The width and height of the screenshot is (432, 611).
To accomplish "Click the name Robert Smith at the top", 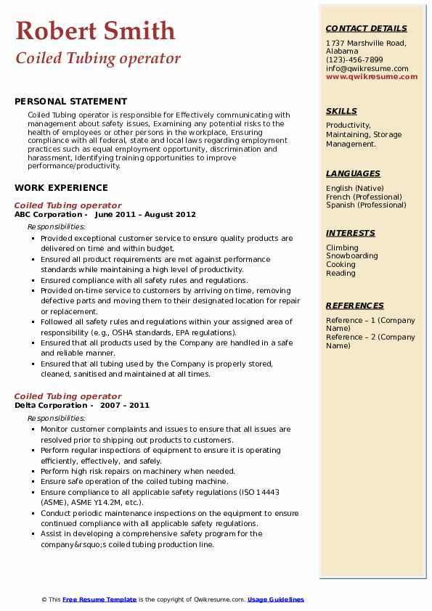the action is click(95, 30).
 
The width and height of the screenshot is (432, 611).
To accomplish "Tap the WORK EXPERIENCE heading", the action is click(61, 187).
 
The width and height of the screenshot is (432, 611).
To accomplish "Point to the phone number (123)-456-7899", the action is click(354, 60).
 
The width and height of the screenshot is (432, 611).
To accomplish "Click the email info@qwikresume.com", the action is click(367, 68).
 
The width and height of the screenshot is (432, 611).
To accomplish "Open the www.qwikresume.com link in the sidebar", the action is click(372, 76).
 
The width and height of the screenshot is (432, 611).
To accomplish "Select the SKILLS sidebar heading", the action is click(341, 111).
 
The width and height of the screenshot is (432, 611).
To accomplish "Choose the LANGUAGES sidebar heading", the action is click(353, 173).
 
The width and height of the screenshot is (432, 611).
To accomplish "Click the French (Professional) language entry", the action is click(364, 197).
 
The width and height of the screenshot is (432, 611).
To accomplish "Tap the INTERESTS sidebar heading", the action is click(351, 233).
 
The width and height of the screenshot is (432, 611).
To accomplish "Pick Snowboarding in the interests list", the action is click(352, 256).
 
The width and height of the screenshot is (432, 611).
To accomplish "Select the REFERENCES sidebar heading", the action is click(354, 305).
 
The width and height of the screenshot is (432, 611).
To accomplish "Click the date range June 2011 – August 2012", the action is click(145, 215).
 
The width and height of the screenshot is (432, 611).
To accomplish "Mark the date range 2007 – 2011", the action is click(130, 406).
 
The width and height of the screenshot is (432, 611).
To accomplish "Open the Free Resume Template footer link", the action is click(99, 599).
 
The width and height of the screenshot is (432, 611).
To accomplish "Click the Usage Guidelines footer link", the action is click(276, 599).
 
